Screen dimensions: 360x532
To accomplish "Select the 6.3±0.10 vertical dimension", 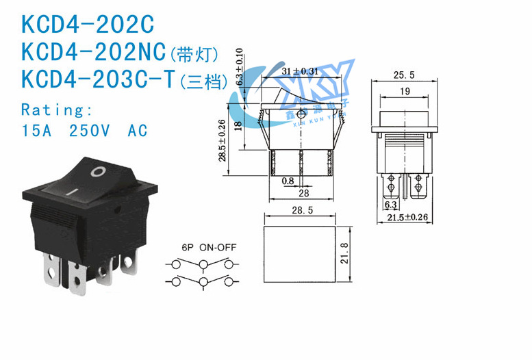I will (x=240, y=66).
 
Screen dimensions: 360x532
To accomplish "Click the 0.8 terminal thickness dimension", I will (x=288, y=181).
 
